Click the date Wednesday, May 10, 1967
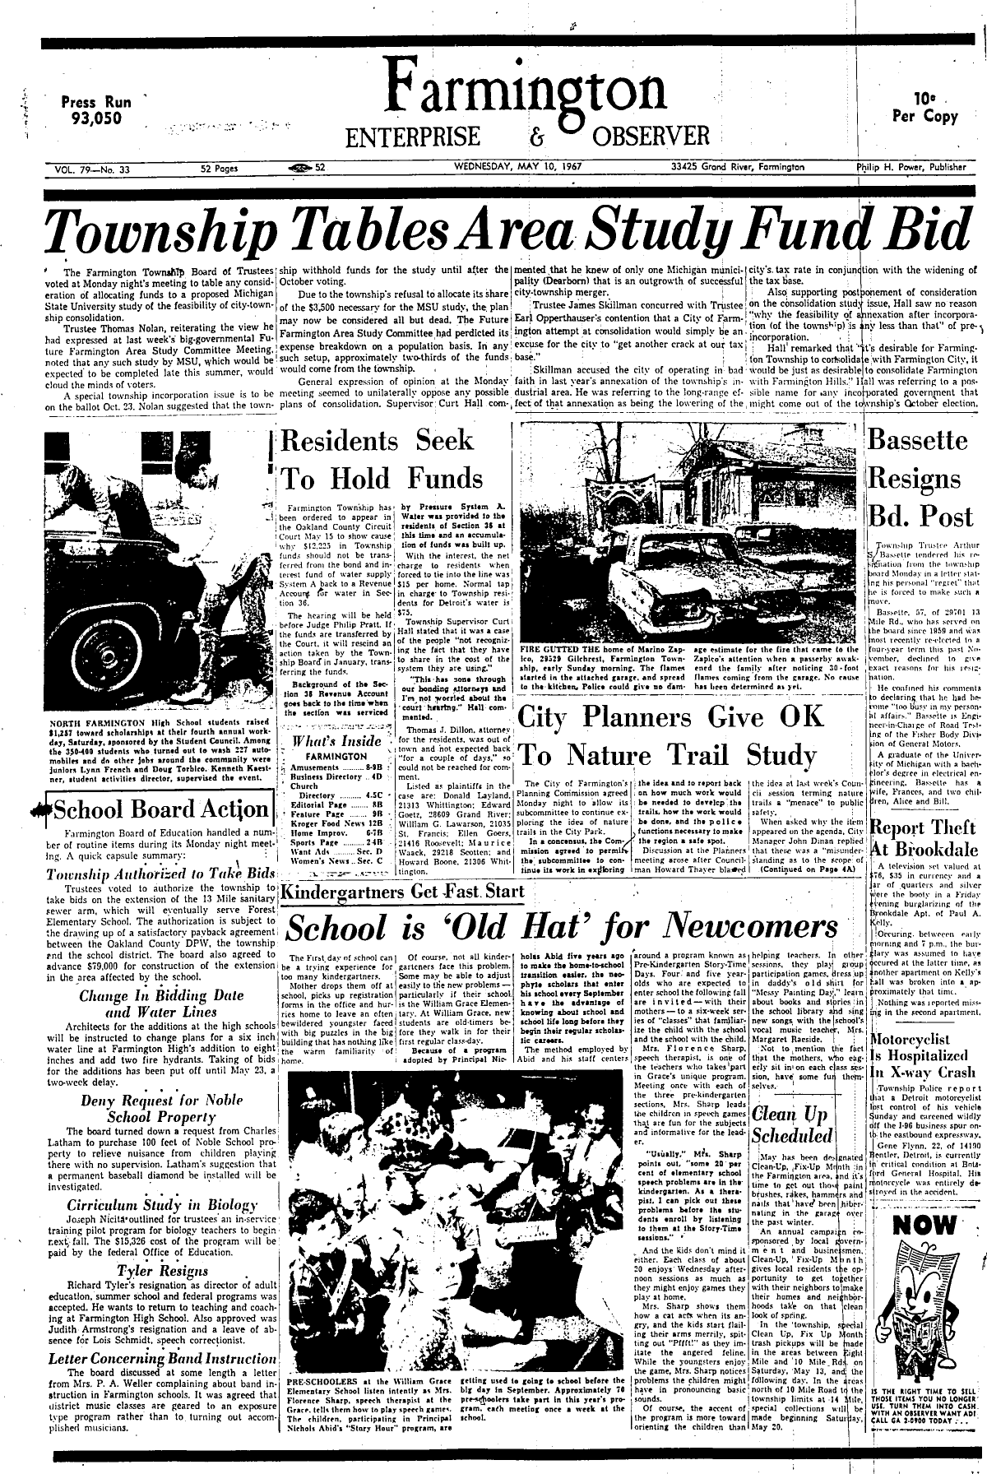coord(518,167)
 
